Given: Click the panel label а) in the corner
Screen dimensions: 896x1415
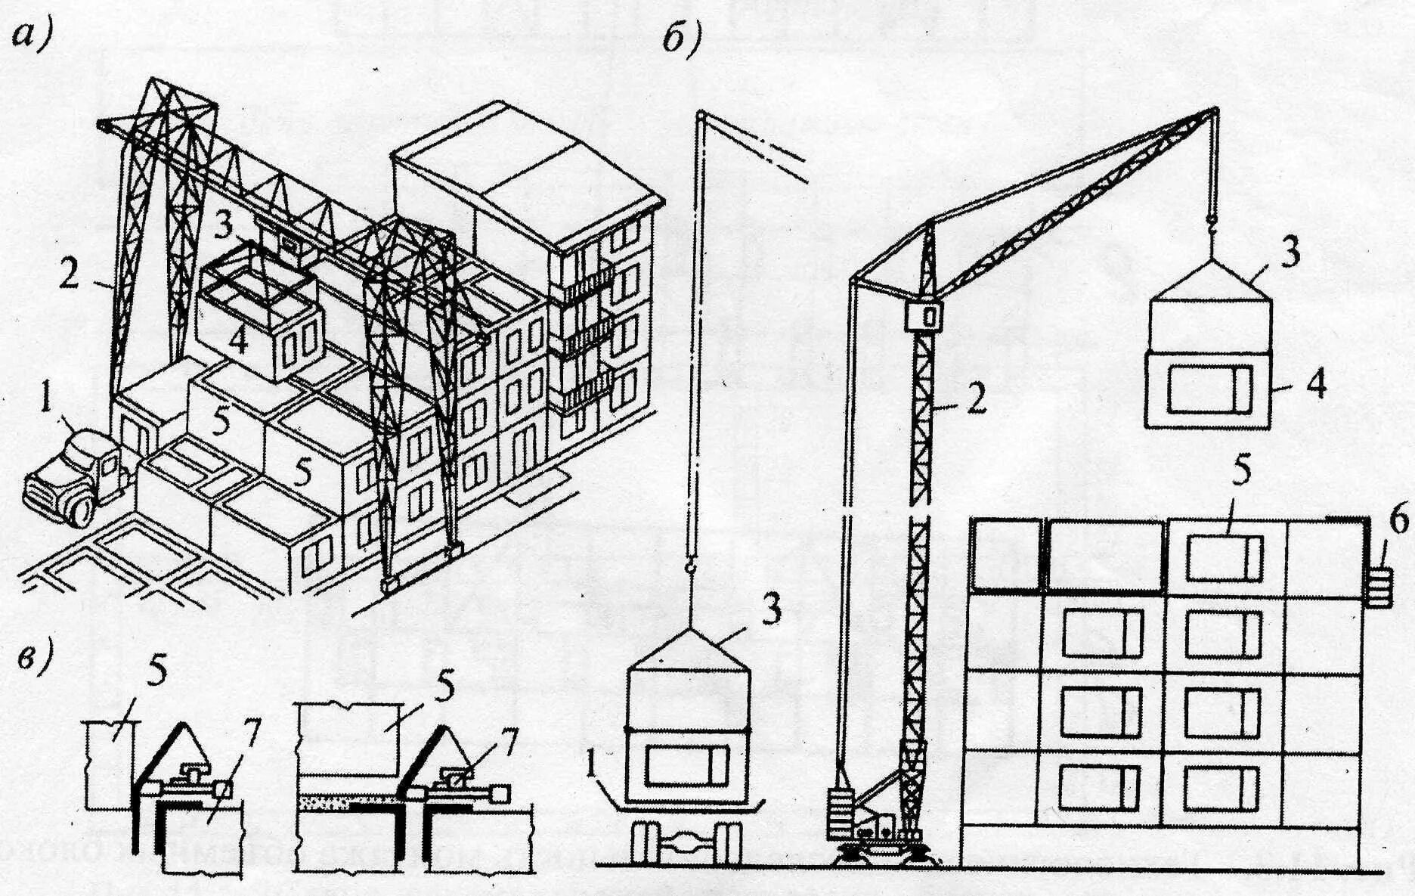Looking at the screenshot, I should [x=33, y=36].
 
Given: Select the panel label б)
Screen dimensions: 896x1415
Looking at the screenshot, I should [x=682, y=38].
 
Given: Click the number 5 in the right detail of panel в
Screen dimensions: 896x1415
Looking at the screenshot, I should [x=445, y=688].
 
